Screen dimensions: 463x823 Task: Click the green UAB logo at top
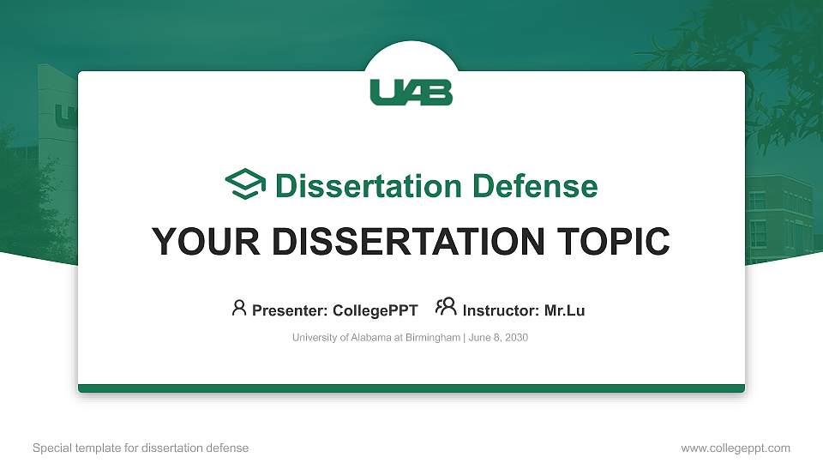point(411,92)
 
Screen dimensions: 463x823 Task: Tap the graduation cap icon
point(245,184)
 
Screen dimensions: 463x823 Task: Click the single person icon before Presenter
point(239,308)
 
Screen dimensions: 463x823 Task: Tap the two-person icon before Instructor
point(446,308)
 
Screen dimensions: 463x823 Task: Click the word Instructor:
point(501,310)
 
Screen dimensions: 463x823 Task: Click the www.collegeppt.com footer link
point(735,448)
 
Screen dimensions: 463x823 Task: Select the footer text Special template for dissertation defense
point(141,448)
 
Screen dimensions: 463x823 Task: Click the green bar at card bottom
point(411,388)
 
